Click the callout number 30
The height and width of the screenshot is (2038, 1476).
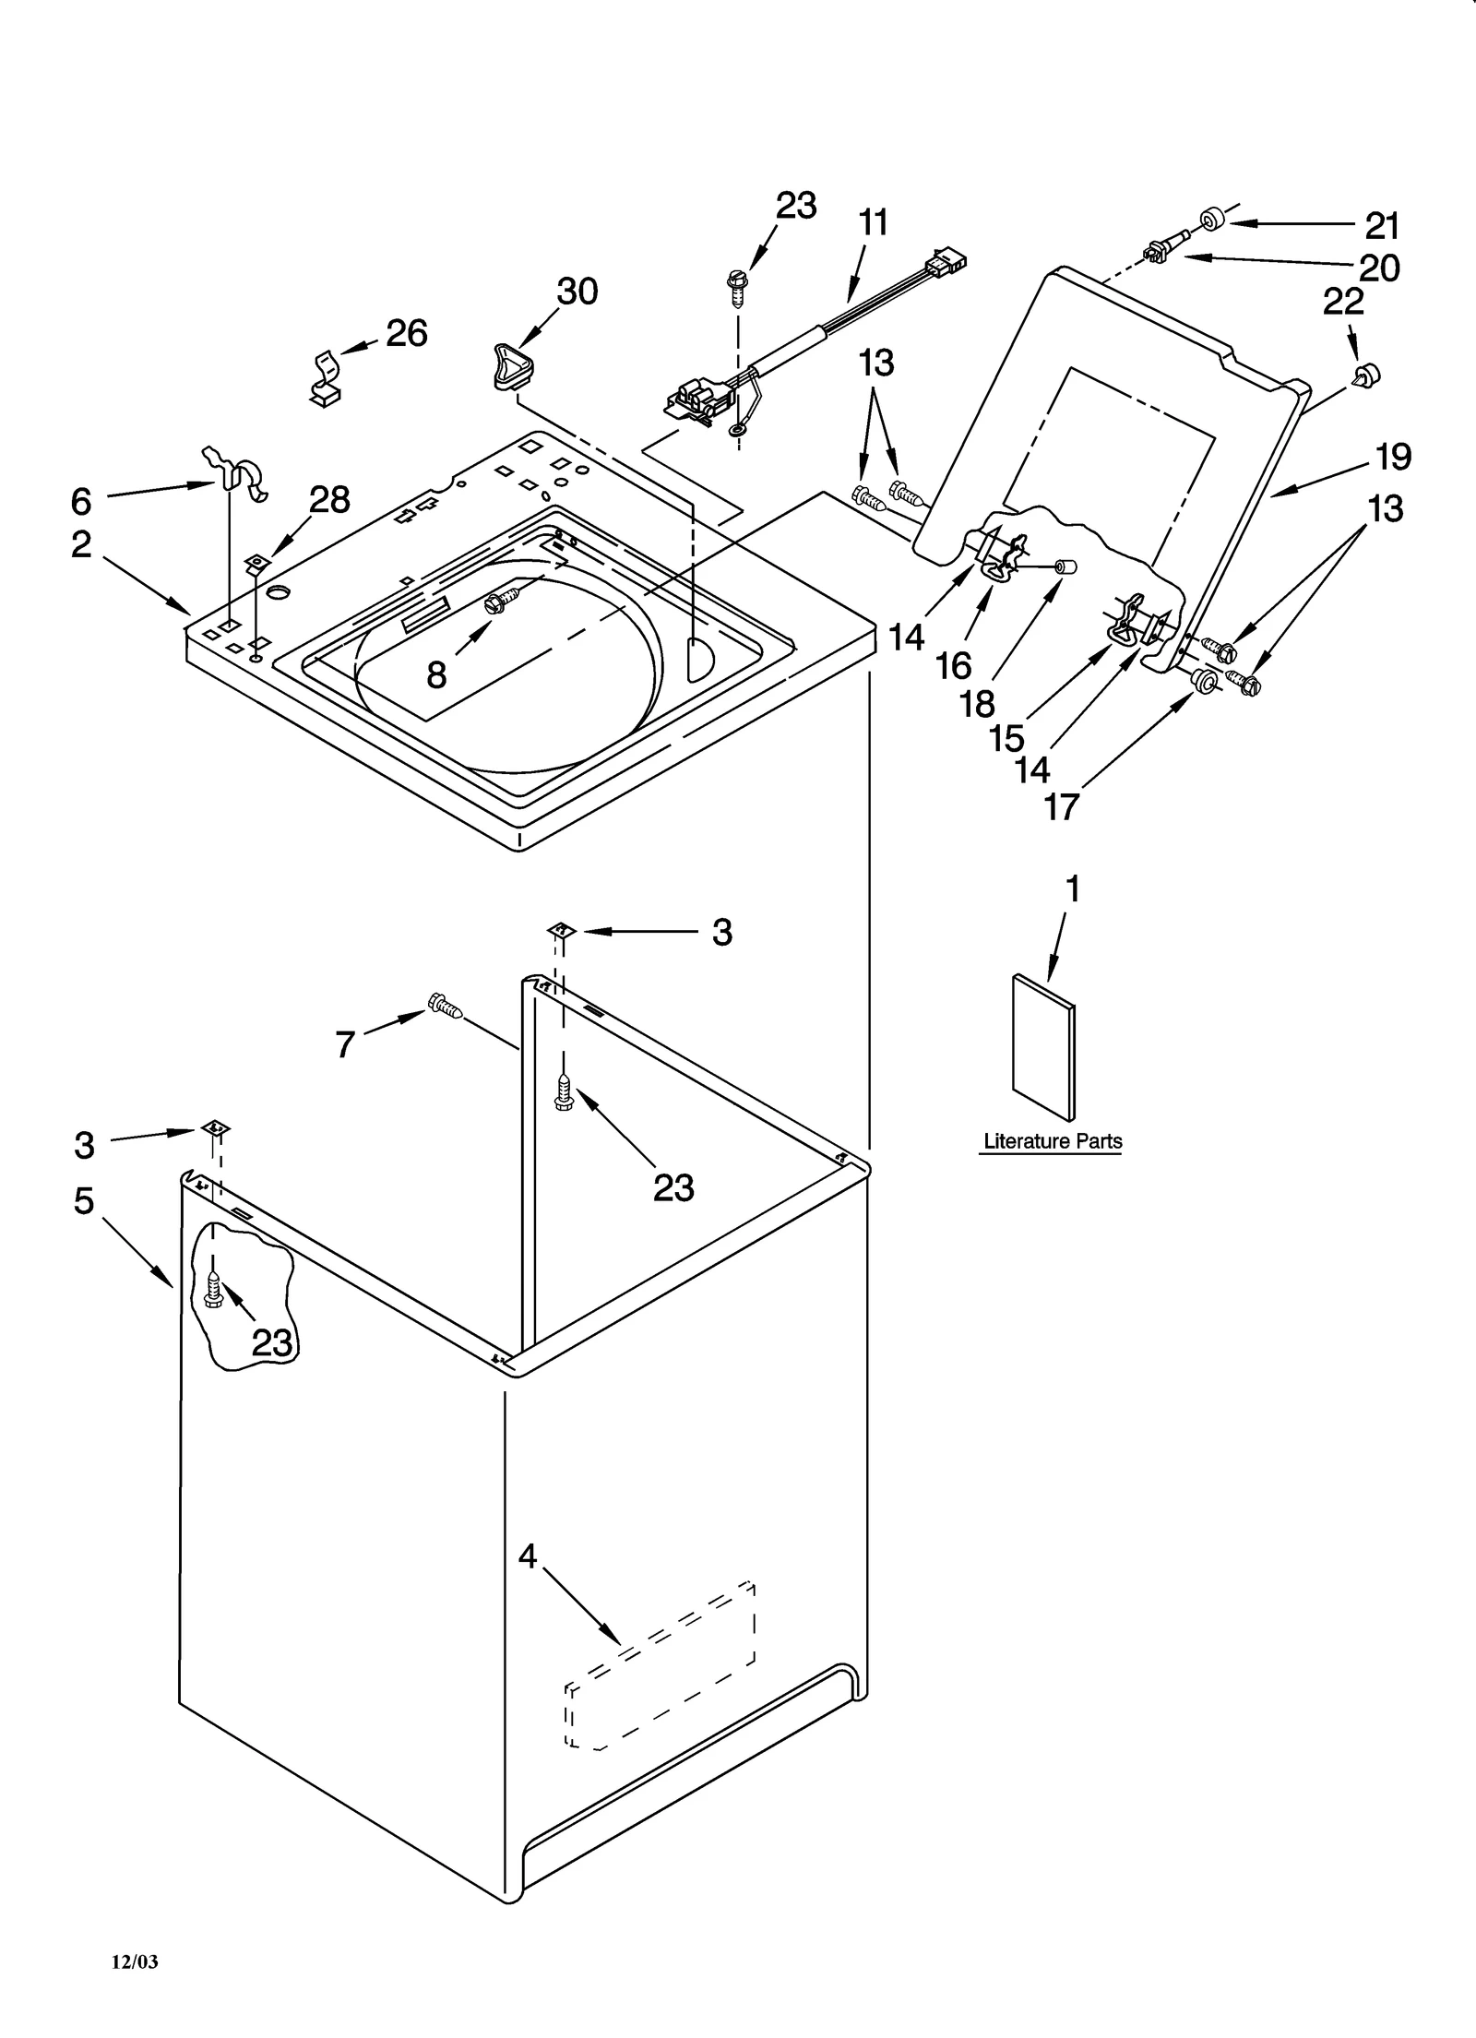pyautogui.click(x=577, y=292)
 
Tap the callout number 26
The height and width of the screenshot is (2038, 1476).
pyautogui.click(x=407, y=333)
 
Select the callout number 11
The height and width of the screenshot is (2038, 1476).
pyautogui.click(x=873, y=222)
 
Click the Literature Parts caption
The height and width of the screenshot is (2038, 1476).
pyautogui.click(x=1053, y=1141)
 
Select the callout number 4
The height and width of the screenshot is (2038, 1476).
pyautogui.click(x=527, y=1556)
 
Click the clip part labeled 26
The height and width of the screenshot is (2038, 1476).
pyautogui.click(x=324, y=378)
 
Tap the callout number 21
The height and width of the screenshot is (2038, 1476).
pyautogui.click(x=1382, y=226)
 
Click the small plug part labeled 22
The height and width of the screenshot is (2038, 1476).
pyautogui.click(x=1365, y=375)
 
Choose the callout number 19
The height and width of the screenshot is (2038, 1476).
pyautogui.click(x=1394, y=457)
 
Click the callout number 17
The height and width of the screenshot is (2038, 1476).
pyautogui.click(x=1061, y=806)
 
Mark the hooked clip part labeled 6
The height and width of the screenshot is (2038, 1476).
pyautogui.click(x=238, y=471)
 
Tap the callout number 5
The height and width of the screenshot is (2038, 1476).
pyautogui.click(x=84, y=1200)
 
